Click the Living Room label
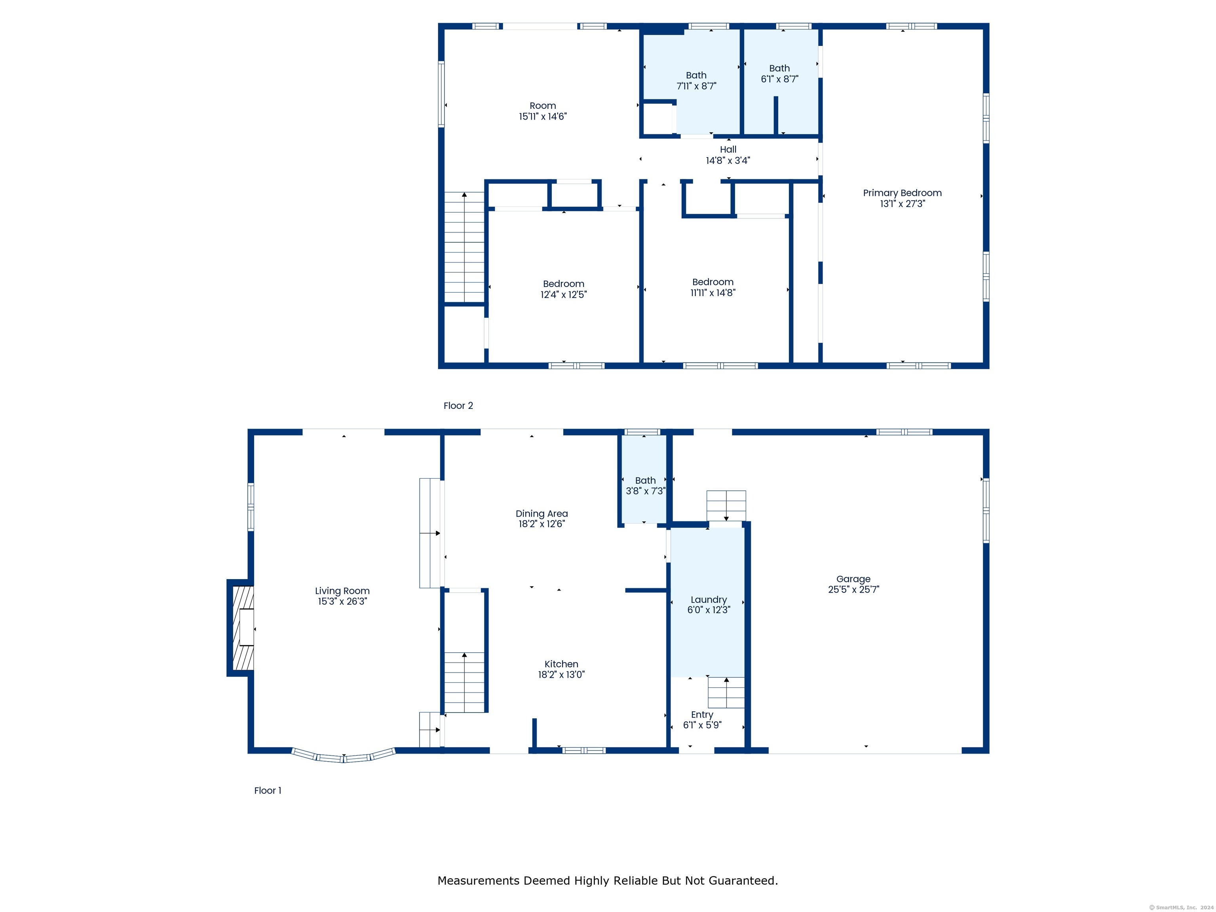tap(342, 591)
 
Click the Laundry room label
tap(709, 600)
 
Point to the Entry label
tap(702, 714)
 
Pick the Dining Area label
tap(541, 513)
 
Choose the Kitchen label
tap(561, 664)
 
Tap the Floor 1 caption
tap(268, 790)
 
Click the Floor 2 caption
tap(458, 406)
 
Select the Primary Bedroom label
tap(902, 193)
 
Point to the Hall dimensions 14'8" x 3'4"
tap(728, 161)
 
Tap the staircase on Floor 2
tap(465, 247)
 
